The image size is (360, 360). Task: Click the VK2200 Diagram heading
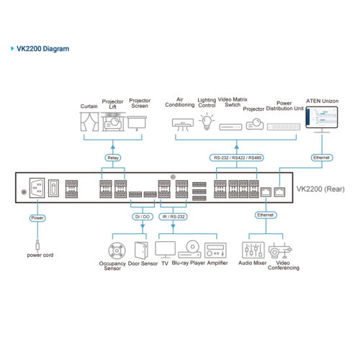tap(42, 49)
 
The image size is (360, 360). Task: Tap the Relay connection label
tap(113, 158)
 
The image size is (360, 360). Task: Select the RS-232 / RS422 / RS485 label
tap(237, 158)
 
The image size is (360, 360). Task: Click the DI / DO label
tap(143, 217)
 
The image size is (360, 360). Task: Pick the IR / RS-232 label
tap(173, 217)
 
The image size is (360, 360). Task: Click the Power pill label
tap(37, 218)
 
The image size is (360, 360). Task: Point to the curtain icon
tap(89, 122)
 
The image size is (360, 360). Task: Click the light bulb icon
tap(207, 122)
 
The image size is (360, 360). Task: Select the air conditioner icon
tap(183, 125)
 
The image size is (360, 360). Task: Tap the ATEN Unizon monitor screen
tap(322, 117)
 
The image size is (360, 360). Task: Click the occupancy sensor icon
tap(117, 251)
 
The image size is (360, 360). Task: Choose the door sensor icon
tap(141, 250)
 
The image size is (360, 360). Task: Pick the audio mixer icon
tap(253, 250)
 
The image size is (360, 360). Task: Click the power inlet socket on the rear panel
tap(37, 188)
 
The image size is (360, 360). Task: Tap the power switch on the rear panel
tap(53, 188)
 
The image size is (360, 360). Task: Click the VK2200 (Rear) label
tap(320, 189)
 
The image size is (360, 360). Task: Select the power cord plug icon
tap(37, 246)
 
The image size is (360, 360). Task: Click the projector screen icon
tap(137, 123)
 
